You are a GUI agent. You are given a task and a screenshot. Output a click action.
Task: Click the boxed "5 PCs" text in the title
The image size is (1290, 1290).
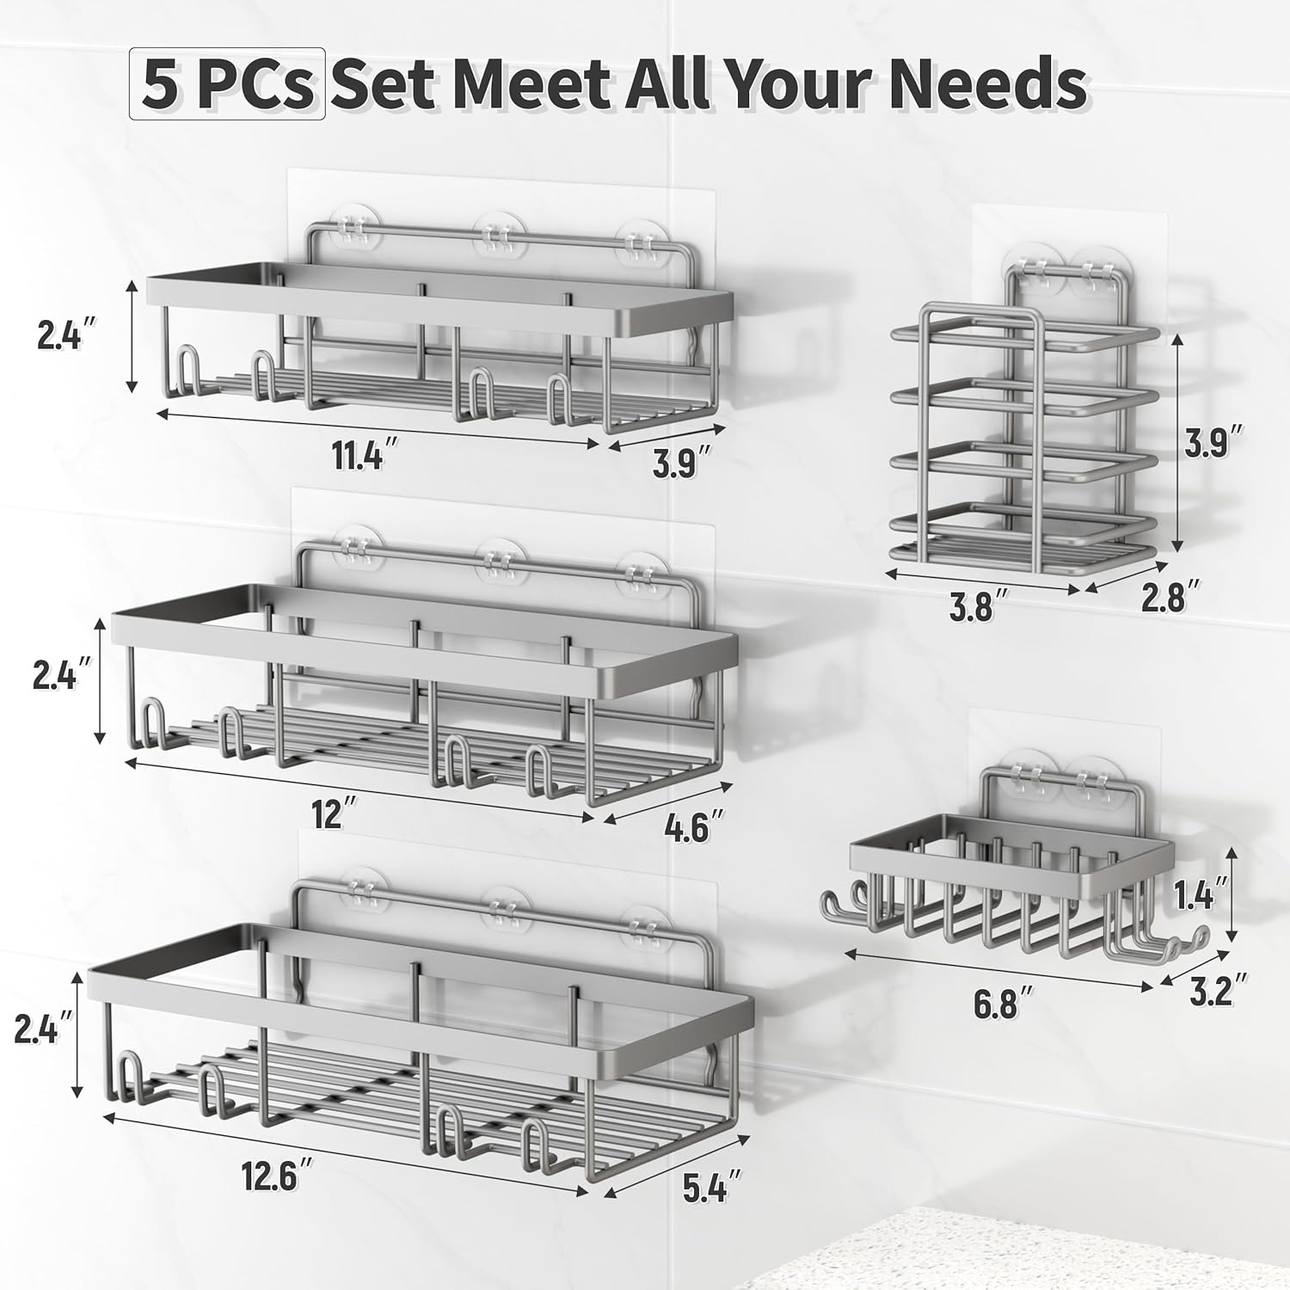(227, 83)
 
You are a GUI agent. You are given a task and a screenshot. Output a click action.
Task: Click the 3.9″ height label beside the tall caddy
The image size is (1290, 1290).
(1212, 445)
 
